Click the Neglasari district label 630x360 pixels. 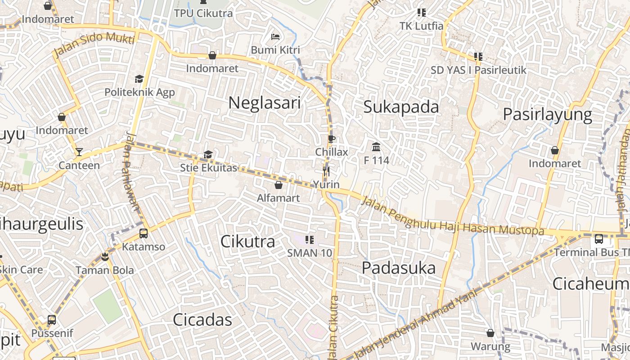264,103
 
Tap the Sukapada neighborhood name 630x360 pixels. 401,107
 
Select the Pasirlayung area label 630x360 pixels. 547,114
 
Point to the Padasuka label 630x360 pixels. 399,268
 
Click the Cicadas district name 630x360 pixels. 202,320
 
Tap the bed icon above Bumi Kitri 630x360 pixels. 275,36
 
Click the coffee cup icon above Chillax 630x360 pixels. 331,139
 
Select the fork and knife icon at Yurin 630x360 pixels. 326,171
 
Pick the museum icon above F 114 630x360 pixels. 376,147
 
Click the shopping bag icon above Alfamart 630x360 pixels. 279,184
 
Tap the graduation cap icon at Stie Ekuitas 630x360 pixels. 208,155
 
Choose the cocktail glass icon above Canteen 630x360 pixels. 79,152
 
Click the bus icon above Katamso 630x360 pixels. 144,234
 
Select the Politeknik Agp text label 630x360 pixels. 139,92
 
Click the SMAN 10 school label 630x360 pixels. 310,253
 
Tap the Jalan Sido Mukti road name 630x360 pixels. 94,45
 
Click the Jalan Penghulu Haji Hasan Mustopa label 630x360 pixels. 452,216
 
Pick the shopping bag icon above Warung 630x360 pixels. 490,333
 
